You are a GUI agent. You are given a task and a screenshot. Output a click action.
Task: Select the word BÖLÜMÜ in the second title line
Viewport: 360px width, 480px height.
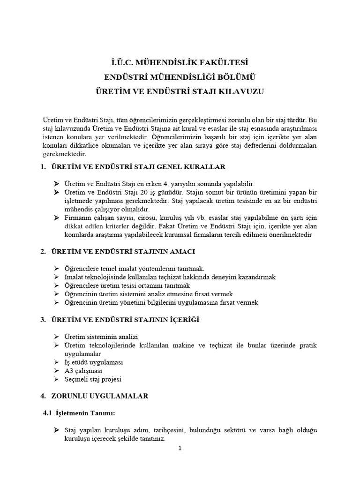pyautogui.click(x=233, y=77)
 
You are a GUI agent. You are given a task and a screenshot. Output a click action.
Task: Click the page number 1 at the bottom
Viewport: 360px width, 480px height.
pyautogui.click(x=180, y=448)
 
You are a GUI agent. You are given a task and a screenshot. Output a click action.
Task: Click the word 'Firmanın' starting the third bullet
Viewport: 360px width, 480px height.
pyautogui.click(x=77, y=218)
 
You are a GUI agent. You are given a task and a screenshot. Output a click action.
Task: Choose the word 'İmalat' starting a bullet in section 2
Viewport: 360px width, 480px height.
pyautogui.click(x=74, y=277)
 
